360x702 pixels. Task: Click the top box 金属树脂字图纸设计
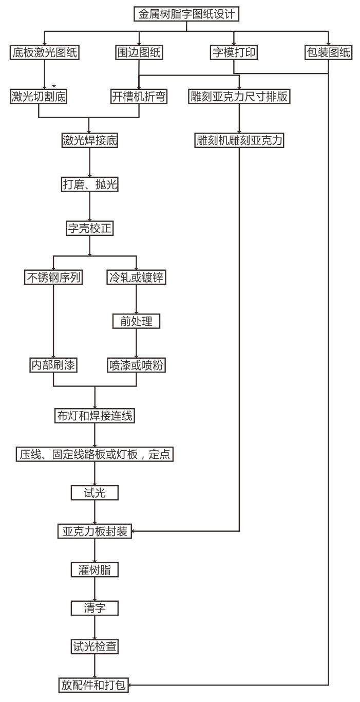[x=187, y=14]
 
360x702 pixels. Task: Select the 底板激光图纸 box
[x=45, y=52]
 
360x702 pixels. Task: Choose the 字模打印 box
[x=234, y=52]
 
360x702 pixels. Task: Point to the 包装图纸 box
[x=328, y=52]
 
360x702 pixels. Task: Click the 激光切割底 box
[x=39, y=96]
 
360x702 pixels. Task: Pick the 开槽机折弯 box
[x=139, y=96]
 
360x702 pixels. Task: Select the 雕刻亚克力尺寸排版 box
[x=239, y=96]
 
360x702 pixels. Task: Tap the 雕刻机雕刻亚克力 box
[x=239, y=140]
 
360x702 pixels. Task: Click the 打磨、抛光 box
[x=90, y=184]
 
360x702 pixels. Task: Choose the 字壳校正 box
[x=90, y=228]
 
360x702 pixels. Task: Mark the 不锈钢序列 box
[x=53, y=278]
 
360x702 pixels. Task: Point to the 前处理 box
[x=136, y=321]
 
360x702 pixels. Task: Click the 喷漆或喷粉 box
[x=136, y=365]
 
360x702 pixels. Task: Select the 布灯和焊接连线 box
[x=94, y=415]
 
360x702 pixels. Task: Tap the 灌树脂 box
[x=94, y=570]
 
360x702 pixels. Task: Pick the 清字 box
[x=94, y=608]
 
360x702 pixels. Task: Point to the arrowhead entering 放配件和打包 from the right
[x=132, y=685]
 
